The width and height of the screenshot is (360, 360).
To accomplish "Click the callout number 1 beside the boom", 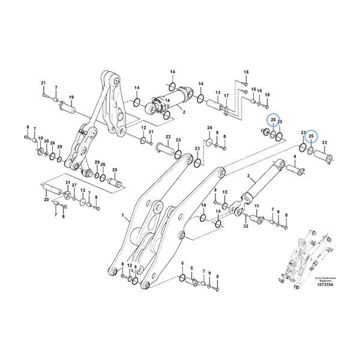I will click(x=122, y=214).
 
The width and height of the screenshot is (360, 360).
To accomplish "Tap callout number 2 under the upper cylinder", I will click(x=183, y=112).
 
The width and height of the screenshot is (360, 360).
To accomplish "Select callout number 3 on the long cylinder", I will click(x=247, y=176).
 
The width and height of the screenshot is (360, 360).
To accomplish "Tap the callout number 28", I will click(x=115, y=170).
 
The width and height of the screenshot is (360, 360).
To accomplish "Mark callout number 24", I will click(x=209, y=128).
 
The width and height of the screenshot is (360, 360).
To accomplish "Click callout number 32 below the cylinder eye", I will click(x=245, y=226).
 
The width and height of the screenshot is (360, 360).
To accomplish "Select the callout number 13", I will click(x=218, y=93).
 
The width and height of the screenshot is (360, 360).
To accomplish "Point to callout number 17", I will click(x=226, y=96).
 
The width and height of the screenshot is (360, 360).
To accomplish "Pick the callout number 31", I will click(x=68, y=182).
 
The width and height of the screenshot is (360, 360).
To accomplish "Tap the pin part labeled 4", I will click(x=296, y=171).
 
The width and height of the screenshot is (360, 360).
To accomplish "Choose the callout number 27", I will click(x=74, y=186).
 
